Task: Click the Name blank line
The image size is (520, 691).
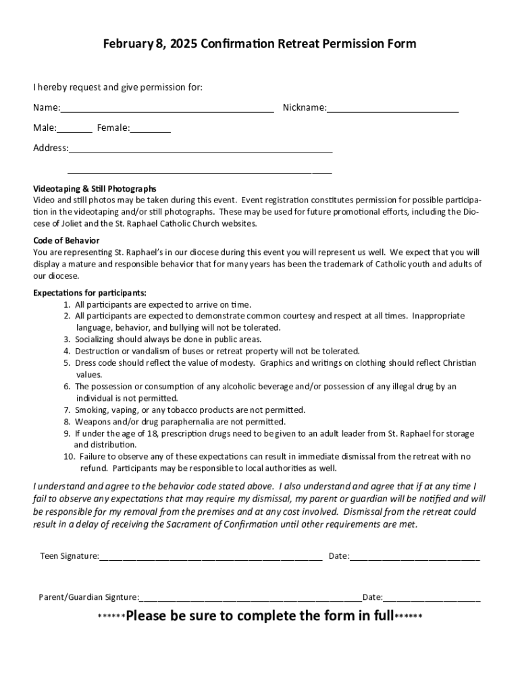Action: [167, 111]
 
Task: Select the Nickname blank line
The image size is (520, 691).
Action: [392, 111]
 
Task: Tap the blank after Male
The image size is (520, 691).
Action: [75, 131]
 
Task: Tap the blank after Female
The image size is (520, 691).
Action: [151, 131]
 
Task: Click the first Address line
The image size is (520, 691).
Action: [201, 152]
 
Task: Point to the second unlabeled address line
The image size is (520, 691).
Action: [200, 173]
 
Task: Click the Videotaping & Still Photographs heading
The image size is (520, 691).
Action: [95, 189]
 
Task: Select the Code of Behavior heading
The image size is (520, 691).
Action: [66, 241]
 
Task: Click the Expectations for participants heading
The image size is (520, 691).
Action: [90, 293]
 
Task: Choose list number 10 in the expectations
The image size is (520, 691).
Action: [68, 457]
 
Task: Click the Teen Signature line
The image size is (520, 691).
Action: [211, 559]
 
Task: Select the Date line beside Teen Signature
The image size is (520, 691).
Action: [415, 559]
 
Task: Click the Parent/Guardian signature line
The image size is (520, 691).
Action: [251, 599]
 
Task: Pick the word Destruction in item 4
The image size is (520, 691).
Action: [98, 351]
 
